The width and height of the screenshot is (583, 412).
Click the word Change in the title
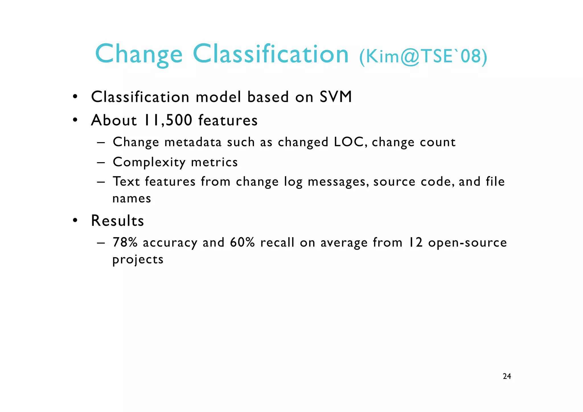[139, 54]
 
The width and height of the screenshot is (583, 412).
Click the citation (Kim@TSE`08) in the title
[423, 56]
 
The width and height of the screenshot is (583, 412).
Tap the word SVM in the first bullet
[336, 97]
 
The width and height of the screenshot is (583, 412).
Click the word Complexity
[149, 162]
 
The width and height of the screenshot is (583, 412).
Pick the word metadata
[193, 142]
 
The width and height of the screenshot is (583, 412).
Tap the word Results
[117, 221]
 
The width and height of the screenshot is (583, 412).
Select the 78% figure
[125, 242]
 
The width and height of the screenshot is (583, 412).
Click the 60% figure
[242, 242]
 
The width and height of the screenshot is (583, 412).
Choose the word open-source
[467, 242]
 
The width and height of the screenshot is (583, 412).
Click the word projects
[138, 260]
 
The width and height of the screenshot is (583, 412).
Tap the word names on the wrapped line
[132, 198]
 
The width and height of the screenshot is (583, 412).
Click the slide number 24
[507, 376]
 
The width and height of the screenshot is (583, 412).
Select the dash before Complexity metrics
[101, 163]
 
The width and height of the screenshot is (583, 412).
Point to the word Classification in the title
[270, 54]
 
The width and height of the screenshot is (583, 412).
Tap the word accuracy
[170, 243]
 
